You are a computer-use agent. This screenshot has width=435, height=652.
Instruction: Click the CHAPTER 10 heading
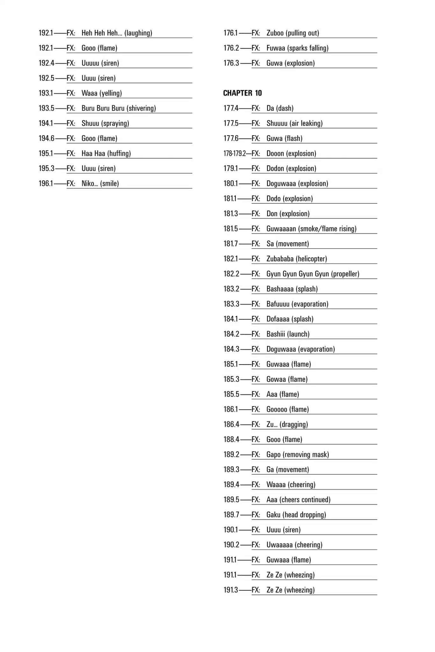pos(242,93)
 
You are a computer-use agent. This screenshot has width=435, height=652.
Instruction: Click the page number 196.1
pos(46,183)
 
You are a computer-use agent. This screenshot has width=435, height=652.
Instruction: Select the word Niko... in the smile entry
pos(90,183)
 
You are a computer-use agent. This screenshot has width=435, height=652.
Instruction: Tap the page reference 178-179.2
pos(234,153)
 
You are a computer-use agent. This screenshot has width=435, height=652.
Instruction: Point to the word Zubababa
pos(280,259)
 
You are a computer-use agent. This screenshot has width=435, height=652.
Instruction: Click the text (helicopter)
pos(311,259)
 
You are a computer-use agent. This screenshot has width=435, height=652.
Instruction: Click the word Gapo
pos(273,454)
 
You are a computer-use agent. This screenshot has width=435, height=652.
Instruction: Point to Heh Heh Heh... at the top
pos(102,33)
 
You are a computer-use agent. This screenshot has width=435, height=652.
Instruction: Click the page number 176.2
pos(231,48)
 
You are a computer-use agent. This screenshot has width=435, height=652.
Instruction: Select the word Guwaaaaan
pos(281,229)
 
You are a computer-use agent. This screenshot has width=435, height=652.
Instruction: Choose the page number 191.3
pos(230,590)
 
